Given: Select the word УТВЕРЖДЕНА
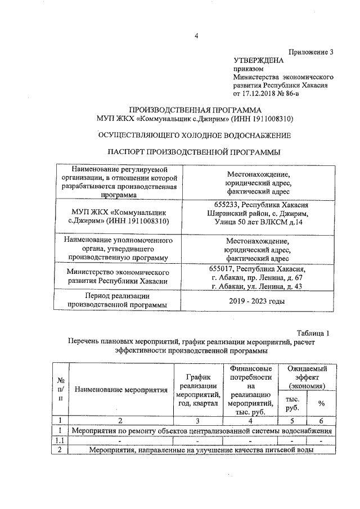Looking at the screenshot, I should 259,59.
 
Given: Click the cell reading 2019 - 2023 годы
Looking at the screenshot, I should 258,301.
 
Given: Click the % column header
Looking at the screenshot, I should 322,403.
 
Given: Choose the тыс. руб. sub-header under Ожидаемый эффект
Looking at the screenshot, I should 292,403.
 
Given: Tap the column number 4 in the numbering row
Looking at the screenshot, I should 251,420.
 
